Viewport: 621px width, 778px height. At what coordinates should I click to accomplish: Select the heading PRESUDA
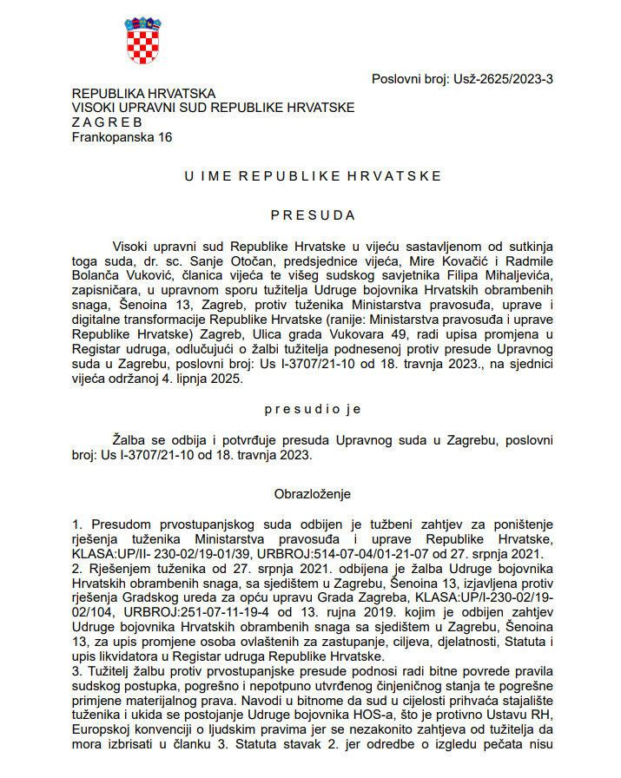(x=313, y=214)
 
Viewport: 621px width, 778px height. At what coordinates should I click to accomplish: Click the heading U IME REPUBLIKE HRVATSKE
(x=313, y=175)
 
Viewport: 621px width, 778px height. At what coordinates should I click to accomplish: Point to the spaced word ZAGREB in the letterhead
(x=107, y=122)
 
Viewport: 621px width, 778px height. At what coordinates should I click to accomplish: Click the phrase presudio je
(x=313, y=408)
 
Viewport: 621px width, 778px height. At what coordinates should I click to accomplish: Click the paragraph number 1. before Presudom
(x=76, y=525)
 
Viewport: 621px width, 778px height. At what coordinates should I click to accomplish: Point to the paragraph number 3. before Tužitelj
(x=76, y=672)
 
